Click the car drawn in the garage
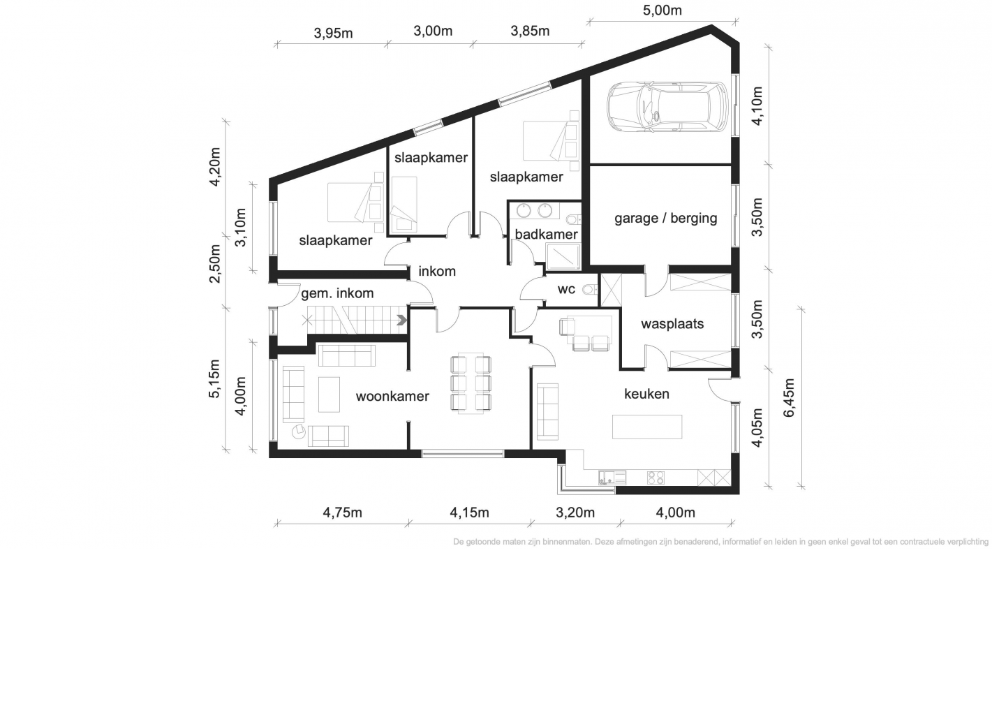tap(667, 107)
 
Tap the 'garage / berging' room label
tap(665, 218)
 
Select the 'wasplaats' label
tap(672, 324)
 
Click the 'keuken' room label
tap(646, 394)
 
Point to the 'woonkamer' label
tap(392, 396)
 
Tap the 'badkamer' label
tap(546, 234)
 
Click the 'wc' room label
tap(566, 289)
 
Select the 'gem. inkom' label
tap(337, 293)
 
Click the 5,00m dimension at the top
tap(662, 10)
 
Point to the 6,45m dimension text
tap(789, 398)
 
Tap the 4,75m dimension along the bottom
tap(342, 513)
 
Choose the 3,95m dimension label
tap(333, 33)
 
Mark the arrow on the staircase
tap(401, 320)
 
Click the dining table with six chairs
tap(471, 383)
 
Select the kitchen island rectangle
tap(647, 427)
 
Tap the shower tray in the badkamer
tap(563, 256)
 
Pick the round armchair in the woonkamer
tap(299, 431)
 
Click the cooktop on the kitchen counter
tap(656, 478)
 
